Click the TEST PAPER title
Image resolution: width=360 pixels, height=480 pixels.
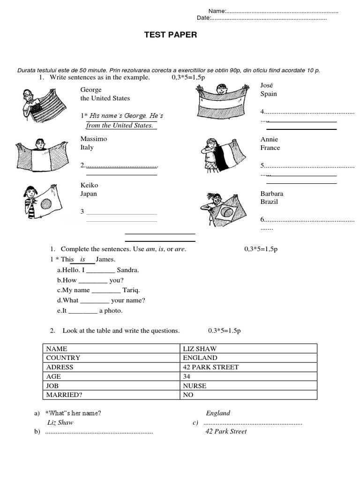[x=171, y=35]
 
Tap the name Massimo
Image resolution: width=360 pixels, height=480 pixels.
[x=94, y=139]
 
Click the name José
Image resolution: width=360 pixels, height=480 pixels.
[x=267, y=85]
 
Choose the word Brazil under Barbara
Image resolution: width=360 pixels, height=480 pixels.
[x=269, y=202]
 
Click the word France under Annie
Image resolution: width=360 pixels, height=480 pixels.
[x=270, y=148]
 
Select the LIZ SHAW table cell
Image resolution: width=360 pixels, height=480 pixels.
[x=200, y=349]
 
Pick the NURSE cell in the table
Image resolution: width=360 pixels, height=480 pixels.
[x=195, y=386]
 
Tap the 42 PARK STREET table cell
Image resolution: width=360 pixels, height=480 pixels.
[x=211, y=367]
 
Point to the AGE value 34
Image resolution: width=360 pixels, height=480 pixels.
[x=187, y=376]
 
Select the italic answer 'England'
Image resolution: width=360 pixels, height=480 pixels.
[x=218, y=413]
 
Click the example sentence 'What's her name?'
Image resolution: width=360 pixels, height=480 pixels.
[x=73, y=413]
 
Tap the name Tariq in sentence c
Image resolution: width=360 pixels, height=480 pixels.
[x=131, y=290]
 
